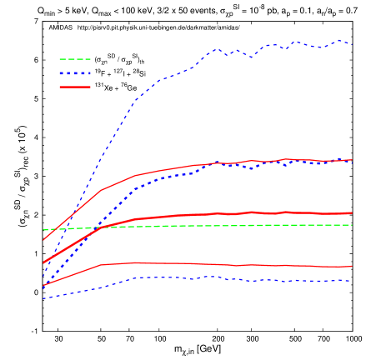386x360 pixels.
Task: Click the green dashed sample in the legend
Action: tap(74, 59)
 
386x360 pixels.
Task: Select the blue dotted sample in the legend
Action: tap(74, 73)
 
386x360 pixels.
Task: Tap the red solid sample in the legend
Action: tap(74, 87)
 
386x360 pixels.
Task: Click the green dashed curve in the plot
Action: tap(250, 225)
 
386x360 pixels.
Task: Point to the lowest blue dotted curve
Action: tap(208, 277)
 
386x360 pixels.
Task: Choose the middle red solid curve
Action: tap(208, 214)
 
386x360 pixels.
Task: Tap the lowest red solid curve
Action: tap(208, 264)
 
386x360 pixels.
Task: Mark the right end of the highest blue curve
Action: tap(352, 44)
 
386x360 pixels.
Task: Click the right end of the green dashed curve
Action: tap(352, 225)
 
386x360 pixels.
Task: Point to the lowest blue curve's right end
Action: tap(352, 281)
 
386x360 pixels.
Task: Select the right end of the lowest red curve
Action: tap(352, 267)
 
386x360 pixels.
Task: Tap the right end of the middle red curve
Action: tap(352, 213)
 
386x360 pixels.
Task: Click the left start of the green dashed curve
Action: tap(43, 229)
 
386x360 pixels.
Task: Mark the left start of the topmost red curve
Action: tap(43, 240)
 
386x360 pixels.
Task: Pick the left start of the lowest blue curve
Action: tap(43, 298)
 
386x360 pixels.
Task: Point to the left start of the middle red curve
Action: tap(43, 263)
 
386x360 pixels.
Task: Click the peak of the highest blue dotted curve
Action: tap(340, 39)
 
